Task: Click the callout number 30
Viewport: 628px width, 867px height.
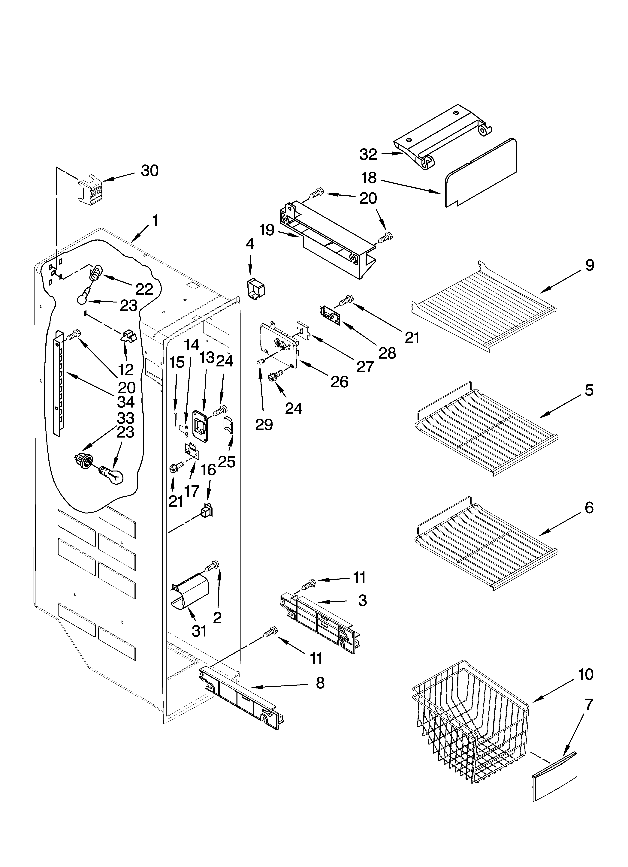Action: coord(149,171)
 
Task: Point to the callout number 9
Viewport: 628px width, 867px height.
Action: coord(589,265)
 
